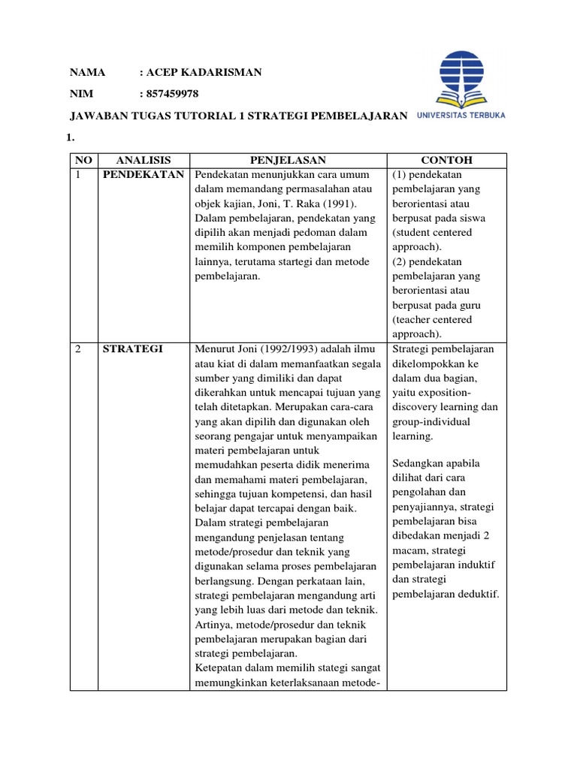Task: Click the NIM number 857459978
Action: click(174, 94)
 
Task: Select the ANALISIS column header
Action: click(143, 160)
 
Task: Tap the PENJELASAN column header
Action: click(288, 160)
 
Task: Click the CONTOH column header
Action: click(446, 160)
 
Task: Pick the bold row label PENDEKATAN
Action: click(143, 175)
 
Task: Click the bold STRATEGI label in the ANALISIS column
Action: click(132, 348)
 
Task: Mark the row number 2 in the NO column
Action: click(78, 348)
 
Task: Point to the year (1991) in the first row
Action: click(340, 204)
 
